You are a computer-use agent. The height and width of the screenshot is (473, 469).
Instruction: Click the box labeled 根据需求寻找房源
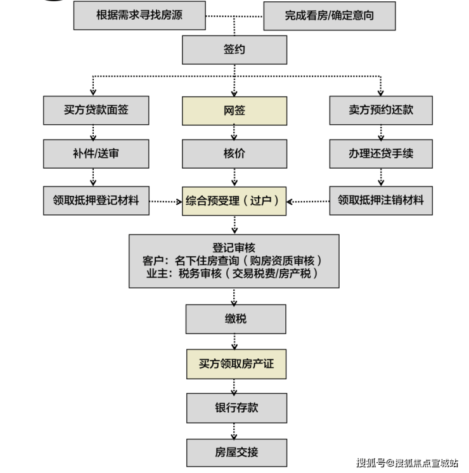coord(139,15)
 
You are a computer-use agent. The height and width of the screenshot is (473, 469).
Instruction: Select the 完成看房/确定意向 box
coord(329,15)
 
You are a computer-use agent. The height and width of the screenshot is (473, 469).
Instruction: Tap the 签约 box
coord(234,49)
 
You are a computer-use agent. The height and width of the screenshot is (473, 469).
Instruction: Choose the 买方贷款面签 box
coord(96,110)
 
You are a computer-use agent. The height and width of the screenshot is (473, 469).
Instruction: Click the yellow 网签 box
coord(234,111)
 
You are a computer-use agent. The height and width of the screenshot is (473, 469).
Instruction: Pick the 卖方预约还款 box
coord(381,110)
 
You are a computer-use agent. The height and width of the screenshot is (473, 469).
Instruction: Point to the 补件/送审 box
coord(96,154)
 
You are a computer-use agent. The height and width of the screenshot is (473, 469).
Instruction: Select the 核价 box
coord(234,154)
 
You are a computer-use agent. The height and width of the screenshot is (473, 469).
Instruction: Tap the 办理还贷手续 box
coord(381,154)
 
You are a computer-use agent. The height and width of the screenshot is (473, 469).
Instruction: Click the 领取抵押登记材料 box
coord(96,201)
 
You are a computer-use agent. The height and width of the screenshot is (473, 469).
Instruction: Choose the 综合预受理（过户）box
coord(234,201)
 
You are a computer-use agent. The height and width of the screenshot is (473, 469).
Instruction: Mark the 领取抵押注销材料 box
coord(381,201)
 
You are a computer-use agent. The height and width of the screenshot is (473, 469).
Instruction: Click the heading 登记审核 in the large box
coord(234,248)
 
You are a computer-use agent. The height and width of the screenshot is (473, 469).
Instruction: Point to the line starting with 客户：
coord(234,261)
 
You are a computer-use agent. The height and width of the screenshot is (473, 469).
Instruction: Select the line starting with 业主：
coord(234,274)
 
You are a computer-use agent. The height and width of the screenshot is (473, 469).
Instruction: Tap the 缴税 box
coord(234,319)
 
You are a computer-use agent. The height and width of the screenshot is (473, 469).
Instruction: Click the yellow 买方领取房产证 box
coord(234,364)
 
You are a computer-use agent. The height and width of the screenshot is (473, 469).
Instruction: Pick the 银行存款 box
coord(234,408)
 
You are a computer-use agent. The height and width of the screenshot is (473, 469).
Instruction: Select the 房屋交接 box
coord(234,453)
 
